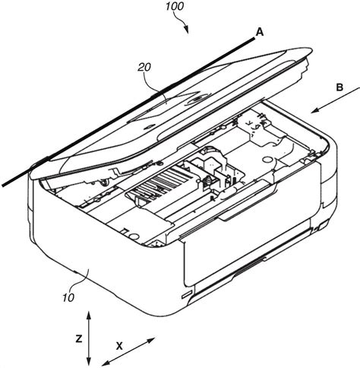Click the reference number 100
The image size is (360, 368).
(175, 7)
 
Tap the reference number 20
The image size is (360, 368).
(144, 67)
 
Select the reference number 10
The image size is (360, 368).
(68, 297)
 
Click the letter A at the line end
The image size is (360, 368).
(260, 33)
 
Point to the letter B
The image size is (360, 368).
(339, 87)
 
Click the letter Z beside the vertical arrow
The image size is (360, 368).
(79, 338)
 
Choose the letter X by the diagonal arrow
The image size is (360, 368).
(119, 346)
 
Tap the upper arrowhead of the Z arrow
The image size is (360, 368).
(88, 316)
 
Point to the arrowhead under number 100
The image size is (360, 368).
(187, 30)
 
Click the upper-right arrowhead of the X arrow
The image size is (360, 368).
(151, 340)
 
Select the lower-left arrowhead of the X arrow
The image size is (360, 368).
(106, 363)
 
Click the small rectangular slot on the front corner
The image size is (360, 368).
(187, 294)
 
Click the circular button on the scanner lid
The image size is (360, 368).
(197, 100)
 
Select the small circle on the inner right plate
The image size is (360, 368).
(267, 159)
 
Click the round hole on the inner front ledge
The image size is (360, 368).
(135, 236)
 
